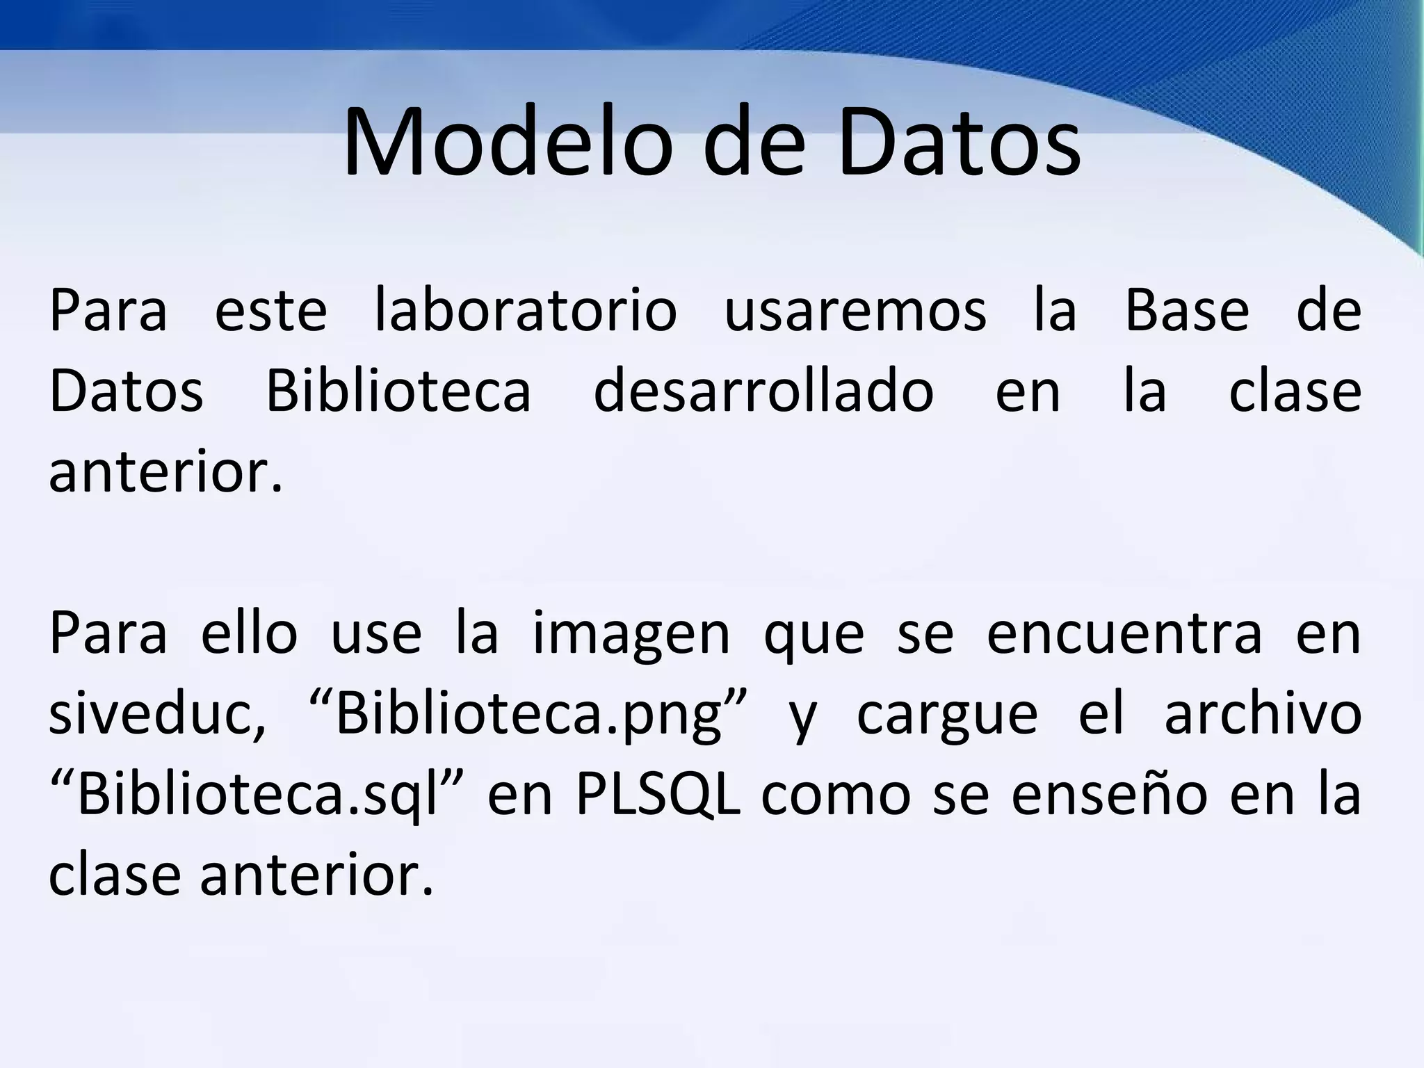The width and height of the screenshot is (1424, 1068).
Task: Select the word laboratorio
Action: pyautogui.click(x=525, y=310)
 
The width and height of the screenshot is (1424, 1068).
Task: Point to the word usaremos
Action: pyautogui.click(x=855, y=310)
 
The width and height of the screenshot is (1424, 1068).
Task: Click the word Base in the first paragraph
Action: pyautogui.click(x=1187, y=310)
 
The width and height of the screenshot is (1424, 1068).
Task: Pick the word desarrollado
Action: pyautogui.click(x=763, y=391)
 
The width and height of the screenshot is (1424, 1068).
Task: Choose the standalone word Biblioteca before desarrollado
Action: pyautogui.click(x=398, y=391)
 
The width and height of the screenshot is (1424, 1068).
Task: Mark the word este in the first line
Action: pyautogui.click(x=270, y=310)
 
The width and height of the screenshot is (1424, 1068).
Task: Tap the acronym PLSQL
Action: pyautogui.click(x=658, y=795)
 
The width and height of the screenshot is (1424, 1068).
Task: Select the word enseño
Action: pyautogui.click(x=1109, y=795)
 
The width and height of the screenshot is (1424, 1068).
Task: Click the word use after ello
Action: pyautogui.click(x=375, y=634)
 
